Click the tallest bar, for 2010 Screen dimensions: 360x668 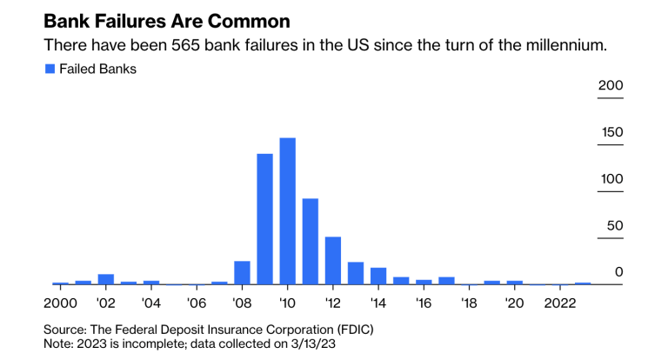coord(287,211)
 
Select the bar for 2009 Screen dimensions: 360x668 coord(264,219)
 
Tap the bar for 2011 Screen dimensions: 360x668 coord(310,242)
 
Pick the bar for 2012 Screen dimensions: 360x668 coord(332,261)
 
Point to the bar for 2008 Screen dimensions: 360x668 coord(242,273)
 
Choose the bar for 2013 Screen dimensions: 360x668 coord(355,273)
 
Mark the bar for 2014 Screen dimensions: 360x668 coord(377,276)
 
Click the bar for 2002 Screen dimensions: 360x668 coord(106,279)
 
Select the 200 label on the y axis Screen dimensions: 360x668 coord(611,85)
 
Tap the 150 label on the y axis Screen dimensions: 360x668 coord(611,132)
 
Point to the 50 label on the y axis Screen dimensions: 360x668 coord(615,226)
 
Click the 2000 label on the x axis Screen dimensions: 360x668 coord(60,303)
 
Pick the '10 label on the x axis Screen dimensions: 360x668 coord(287,303)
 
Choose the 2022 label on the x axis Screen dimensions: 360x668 coord(559,303)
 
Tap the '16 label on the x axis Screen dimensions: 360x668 coord(424,303)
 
